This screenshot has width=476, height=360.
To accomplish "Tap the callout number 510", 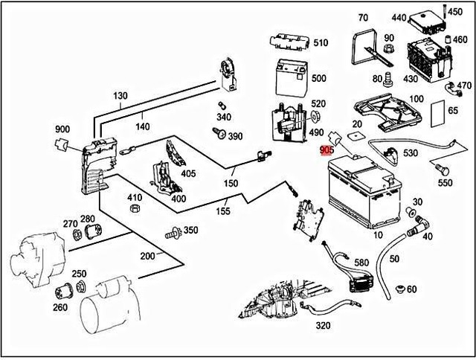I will pos(320,42).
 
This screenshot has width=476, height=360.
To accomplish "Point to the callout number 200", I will pos(147,257).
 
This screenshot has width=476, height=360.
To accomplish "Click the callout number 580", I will pos(361,263).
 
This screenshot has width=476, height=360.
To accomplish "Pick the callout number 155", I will pos(222,211).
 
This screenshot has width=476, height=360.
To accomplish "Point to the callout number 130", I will pos(121,96).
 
